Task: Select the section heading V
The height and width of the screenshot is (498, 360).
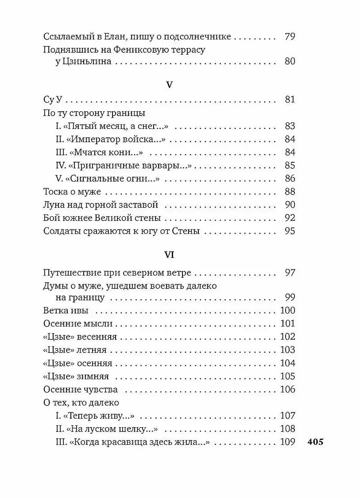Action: coord(169,85)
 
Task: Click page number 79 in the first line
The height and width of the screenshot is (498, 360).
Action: coord(290,37)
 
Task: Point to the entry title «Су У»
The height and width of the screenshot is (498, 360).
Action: coord(55,100)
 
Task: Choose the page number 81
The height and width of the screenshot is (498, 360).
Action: coord(290,100)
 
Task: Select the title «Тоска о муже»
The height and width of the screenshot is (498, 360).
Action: coord(73,192)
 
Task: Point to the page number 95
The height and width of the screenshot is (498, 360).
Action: coord(290,231)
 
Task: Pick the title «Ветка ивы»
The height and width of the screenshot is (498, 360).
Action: coord(66,310)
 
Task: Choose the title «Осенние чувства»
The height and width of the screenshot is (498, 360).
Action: coord(81,389)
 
